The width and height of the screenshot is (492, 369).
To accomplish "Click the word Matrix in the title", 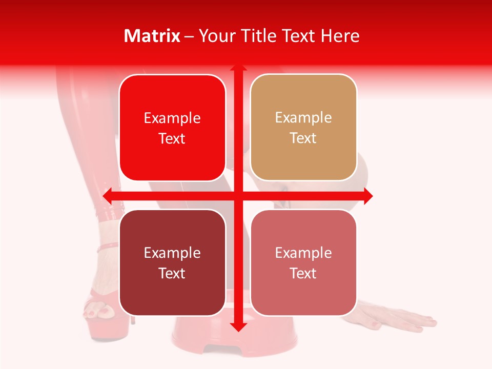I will pyautogui.click(x=152, y=36).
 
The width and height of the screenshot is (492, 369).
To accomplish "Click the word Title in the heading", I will pyautogui.click(x=259, y=36).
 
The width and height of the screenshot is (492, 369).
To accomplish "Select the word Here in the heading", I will pyautogui.click(x=340, y=36).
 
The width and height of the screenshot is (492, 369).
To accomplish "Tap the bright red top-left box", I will pyautogui.click(x=172, y=128).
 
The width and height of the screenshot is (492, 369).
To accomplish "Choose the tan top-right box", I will pyautogui.click(x=303, y=128).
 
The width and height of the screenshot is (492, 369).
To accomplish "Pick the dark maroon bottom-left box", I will pyautogui.click(x=172, y=262).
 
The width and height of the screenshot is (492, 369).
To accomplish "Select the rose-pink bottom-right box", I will pyautogui.click(x=303, y=262).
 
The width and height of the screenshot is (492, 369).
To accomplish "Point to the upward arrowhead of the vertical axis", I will pyautogui.click(x=238, y=69).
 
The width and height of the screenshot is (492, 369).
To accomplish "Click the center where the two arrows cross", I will pyautogui.click(x=238, y=196).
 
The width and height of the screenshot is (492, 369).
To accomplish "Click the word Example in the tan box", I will pyautogui.click(x=303, y=117).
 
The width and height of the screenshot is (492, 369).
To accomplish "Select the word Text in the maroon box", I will pyautogui.click(x=172, y=273).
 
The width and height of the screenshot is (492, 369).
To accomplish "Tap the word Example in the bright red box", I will pyautogui.click(x=172, y=118).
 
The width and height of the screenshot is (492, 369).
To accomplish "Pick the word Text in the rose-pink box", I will pyautogui.click(x=303, y=273).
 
